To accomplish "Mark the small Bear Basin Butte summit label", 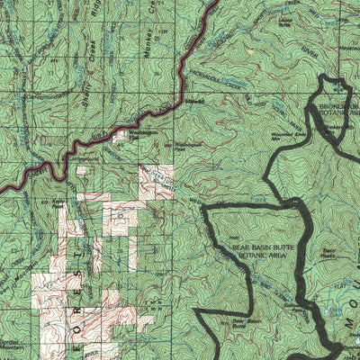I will tap(237, 321).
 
